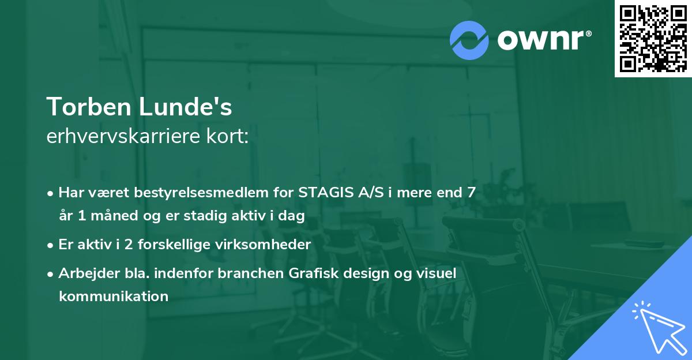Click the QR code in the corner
coord(653,39)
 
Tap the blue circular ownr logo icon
coord(469,40)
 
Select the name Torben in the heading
coord(89,107)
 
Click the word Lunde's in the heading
coord(185,107)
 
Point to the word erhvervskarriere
coord(123,136)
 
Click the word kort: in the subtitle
coord(227,136)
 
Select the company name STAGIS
coord(326,193)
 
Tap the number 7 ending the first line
coord(471,193)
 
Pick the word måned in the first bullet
coord(114,215)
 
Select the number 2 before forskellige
coord(129,245)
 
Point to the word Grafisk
coord(314,273)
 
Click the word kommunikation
coord(114,297)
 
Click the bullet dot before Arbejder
coord(50,274)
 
